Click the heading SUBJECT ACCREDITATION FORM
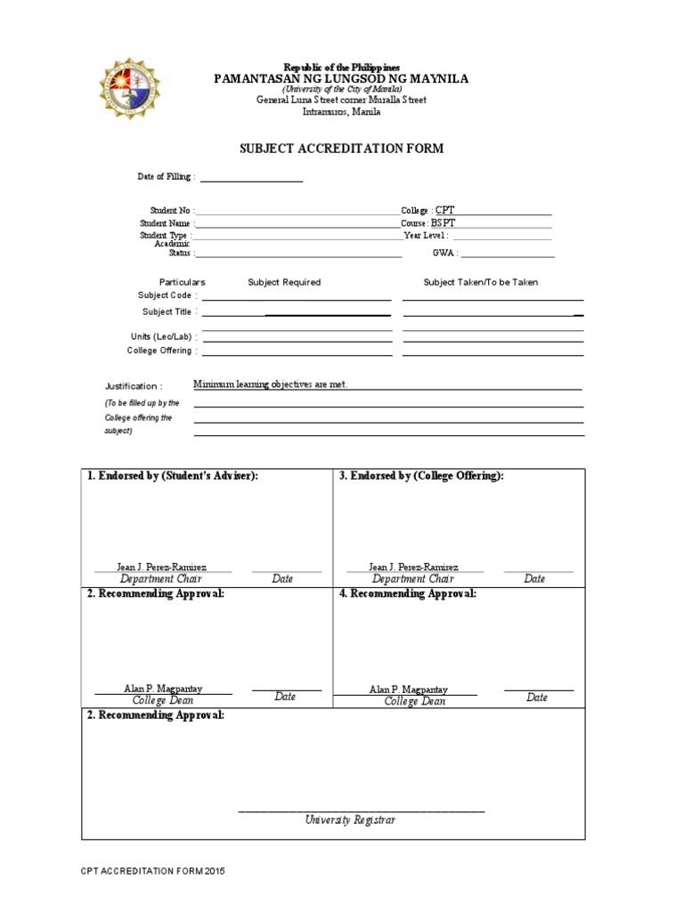342,149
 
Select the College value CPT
445,210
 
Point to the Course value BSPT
443,223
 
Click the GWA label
444,254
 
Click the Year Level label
426,237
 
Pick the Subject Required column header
284,282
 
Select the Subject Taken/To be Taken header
480,282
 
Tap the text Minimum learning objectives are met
271,384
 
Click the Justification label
134,386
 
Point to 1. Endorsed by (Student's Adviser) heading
173,476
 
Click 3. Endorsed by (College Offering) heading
421,476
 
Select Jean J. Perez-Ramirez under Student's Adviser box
162,567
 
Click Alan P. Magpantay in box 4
409,689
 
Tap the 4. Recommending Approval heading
407,593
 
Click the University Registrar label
350,820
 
